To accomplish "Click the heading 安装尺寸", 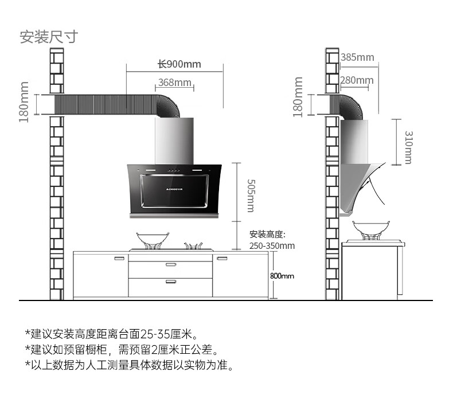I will click(x=48, y=37).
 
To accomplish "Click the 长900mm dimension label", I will click(x=179, y=64).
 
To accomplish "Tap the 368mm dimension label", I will click(x=174, y=83).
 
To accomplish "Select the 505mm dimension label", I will click(x=250, y=195).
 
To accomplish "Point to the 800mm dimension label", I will click(x=282, y=276).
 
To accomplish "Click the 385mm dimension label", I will click(x=357, y=57).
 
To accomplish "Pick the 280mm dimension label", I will click(x=356, y=80).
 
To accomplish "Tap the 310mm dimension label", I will click(x=408, y=147).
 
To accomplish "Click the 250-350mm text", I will click(x=272, y=246).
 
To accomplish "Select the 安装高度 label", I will click(x=267, y=235).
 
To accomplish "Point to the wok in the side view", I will click(x=370, y=228).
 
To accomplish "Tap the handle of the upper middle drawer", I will click(x=171, y=264).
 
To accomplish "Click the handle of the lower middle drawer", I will click(x=171, y=282).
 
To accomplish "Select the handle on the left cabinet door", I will click(x=120, y=258).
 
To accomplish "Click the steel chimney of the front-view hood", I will click(x=174, y=140).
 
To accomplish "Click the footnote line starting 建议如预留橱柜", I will click(x=122, y=349).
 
